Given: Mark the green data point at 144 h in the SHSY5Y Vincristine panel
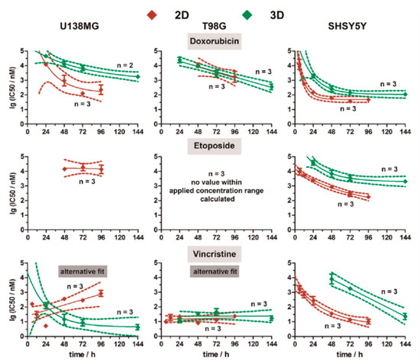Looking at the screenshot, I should (405, 316).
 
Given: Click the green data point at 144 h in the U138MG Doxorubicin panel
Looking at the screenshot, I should (138, 76).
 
